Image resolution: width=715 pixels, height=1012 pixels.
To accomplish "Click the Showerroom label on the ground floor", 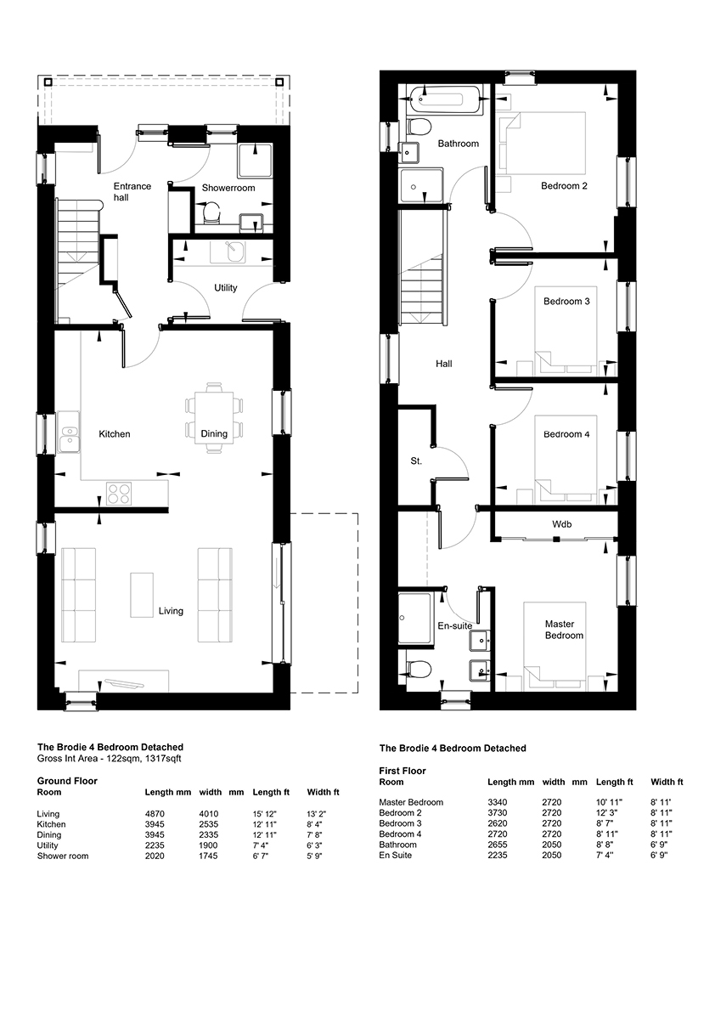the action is (x=228, y=188).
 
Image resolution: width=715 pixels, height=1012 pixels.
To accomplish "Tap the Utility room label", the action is (x=226, y=288).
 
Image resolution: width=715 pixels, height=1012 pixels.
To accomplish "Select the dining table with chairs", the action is (x=215, y=417).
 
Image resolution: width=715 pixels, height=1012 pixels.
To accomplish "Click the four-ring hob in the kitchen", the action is (x=118, y=494).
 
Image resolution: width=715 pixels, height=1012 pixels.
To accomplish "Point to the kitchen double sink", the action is (x=68, y=433).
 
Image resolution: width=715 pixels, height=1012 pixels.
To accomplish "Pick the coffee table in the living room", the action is (x=142, y=595).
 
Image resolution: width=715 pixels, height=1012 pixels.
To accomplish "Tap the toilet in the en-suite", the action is (x=418, y=669).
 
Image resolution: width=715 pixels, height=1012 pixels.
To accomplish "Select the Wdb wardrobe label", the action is (x=561, y=524).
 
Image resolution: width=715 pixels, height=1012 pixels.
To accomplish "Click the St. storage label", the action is (x=416, y=461).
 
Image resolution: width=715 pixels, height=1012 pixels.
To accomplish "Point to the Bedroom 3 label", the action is (x=566, y=302).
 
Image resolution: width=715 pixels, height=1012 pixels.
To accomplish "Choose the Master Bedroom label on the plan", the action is (x=563, y=630).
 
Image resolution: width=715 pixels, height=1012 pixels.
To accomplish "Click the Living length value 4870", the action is (x=155, y=814).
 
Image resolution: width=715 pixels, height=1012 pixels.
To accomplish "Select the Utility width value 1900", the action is (x=209, y=845).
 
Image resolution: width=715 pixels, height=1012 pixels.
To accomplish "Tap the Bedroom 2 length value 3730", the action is (x=497, y=812).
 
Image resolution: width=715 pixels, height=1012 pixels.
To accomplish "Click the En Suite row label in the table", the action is (x=395, y=855).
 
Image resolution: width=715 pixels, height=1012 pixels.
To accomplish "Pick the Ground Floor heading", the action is (x=67, y=781).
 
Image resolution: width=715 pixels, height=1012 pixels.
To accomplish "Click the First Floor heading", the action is (x=403, y=771).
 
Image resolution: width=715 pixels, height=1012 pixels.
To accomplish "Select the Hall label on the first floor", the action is (x=443, y=364).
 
